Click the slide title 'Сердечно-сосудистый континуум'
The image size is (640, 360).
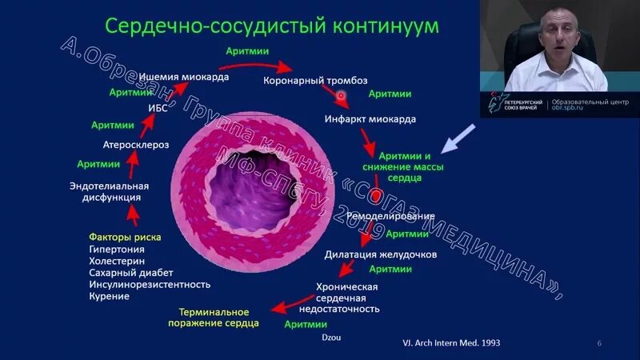tap(272, 26)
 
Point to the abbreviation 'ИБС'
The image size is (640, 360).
tap(158, 108)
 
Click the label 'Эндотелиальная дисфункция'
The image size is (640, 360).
tap(109, 191)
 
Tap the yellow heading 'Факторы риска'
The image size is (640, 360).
tap(125, 237)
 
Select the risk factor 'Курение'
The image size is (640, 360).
tap(109, 296)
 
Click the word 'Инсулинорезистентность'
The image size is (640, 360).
tap(149, 284)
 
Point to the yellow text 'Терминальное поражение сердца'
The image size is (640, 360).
tap(214, 318)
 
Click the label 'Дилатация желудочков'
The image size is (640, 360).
tap(380, 255)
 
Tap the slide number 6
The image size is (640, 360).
tap(599, 343)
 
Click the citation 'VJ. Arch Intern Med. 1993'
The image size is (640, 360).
tap(453, 342)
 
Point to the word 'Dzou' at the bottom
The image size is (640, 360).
tap(330, 337)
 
